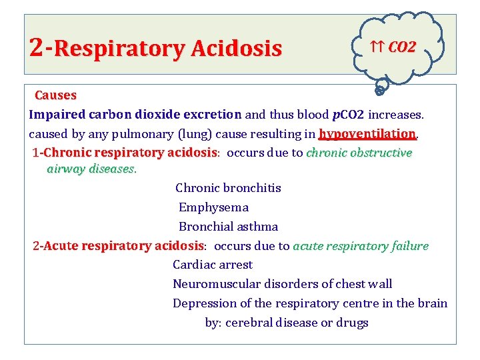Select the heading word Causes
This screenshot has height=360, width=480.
55,96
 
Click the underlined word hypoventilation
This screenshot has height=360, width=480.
367,133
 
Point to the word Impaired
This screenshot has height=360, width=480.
55,115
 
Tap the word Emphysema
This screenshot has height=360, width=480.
213,207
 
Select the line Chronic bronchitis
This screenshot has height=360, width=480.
228,188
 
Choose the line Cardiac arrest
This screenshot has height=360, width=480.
213,265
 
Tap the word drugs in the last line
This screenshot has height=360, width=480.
352,323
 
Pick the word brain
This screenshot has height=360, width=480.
432,303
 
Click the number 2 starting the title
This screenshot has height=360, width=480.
37,47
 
